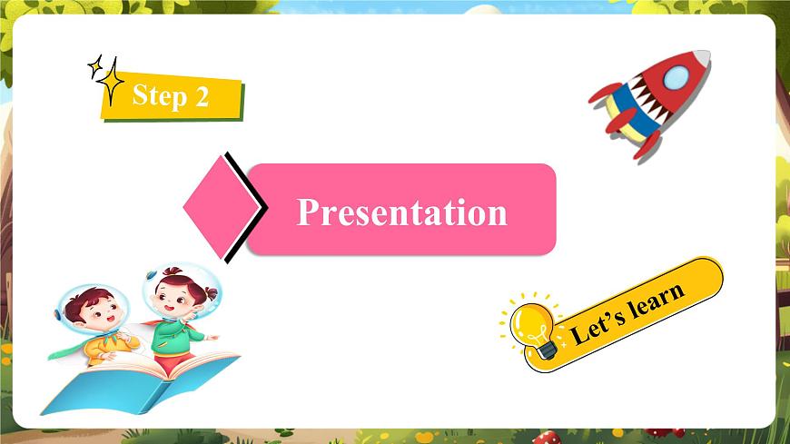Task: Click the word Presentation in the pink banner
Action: (x=401, y=212)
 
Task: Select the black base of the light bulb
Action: (x=548, y=350)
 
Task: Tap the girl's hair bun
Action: (x=212, y=294)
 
